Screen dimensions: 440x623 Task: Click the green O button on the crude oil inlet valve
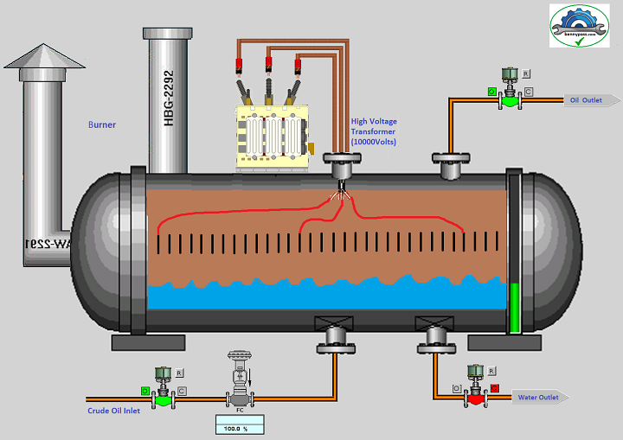coord(145,392)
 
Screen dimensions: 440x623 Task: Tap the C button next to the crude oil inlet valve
coord(182,392)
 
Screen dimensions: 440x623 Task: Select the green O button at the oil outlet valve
coord(491,91)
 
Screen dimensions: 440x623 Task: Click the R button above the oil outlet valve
coord(526,74)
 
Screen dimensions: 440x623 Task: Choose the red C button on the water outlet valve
coord(495,387)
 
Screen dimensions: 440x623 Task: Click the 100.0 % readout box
coord(239,425)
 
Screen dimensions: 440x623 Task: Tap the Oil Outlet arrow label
coord(588,100)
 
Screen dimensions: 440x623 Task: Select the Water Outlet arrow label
coord(542,398)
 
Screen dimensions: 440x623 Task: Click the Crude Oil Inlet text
coord(113,411)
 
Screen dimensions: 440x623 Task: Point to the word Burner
coord(102,124)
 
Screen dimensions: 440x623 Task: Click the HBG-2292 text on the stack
coord(170,99)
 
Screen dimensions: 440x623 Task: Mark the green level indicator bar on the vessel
coord(515,307)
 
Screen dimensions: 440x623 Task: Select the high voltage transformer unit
coord(273,137)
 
